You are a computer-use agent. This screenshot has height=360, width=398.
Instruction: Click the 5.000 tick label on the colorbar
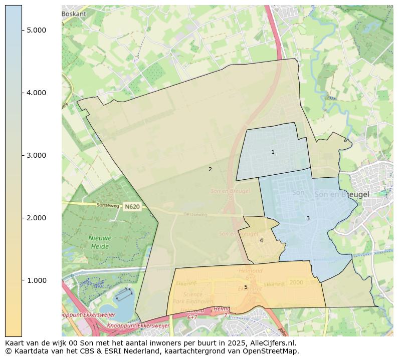click(x=37, y=30)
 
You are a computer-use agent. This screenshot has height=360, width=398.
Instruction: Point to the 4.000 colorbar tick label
click(x=37, y=93)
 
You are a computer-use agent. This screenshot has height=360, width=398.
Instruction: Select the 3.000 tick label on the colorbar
click(x=37, y=155)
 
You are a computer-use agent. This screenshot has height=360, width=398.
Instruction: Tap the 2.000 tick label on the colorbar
click(x=37, y=218)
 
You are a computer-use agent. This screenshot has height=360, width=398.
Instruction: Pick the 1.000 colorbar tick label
click(x=37, y=280)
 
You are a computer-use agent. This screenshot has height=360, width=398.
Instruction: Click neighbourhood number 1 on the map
click(x=273, y=152)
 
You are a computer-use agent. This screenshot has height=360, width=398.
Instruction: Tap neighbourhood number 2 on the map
click(x=210, y=169)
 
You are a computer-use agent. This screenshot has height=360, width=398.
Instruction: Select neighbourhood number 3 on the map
click(x=308, y=218)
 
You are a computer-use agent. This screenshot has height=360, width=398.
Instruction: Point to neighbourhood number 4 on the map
click(x=261, y=240)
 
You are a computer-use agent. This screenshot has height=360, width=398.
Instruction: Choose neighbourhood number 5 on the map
click(x=246, y=287)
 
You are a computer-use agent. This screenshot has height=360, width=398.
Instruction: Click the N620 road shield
click(x=132, y=206)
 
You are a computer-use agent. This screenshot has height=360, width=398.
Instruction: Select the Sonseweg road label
click(x=95, y=205)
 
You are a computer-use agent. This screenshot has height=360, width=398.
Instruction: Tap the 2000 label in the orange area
click(x=296, y=282)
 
